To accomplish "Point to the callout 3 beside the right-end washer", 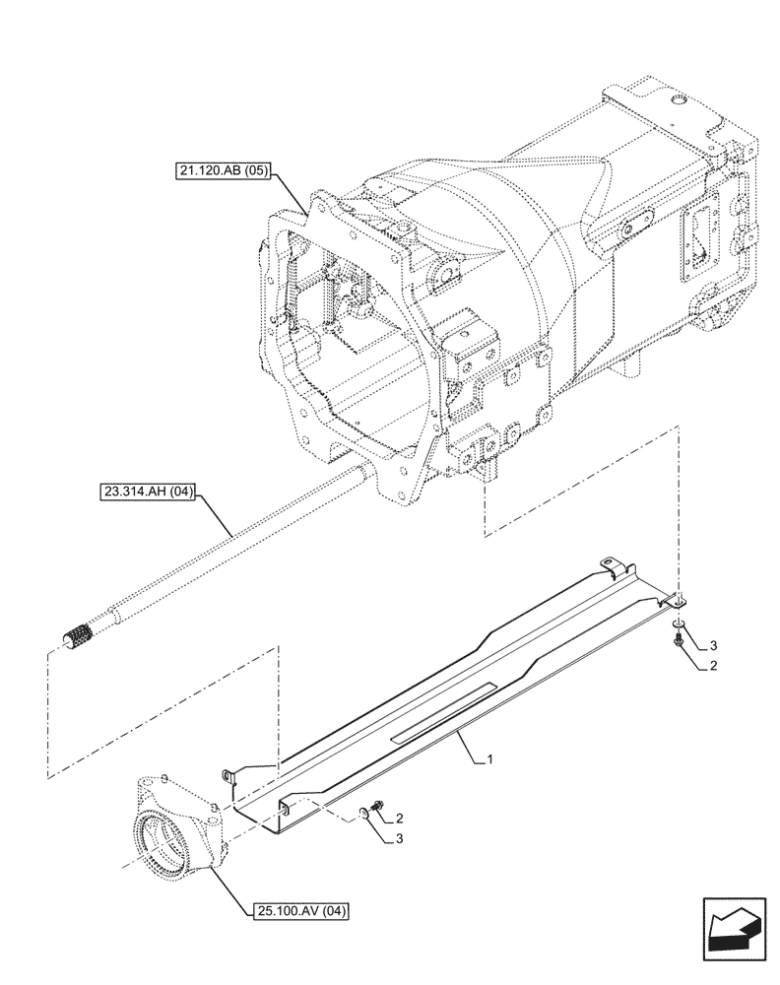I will [x=713, y=645].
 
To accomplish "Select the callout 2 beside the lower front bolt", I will [x=400, y=819].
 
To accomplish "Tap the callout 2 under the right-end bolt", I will [x=713, y=667].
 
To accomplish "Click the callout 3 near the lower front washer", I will [x=400, y=840].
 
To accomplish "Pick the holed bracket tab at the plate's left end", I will [x=229, y=777].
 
